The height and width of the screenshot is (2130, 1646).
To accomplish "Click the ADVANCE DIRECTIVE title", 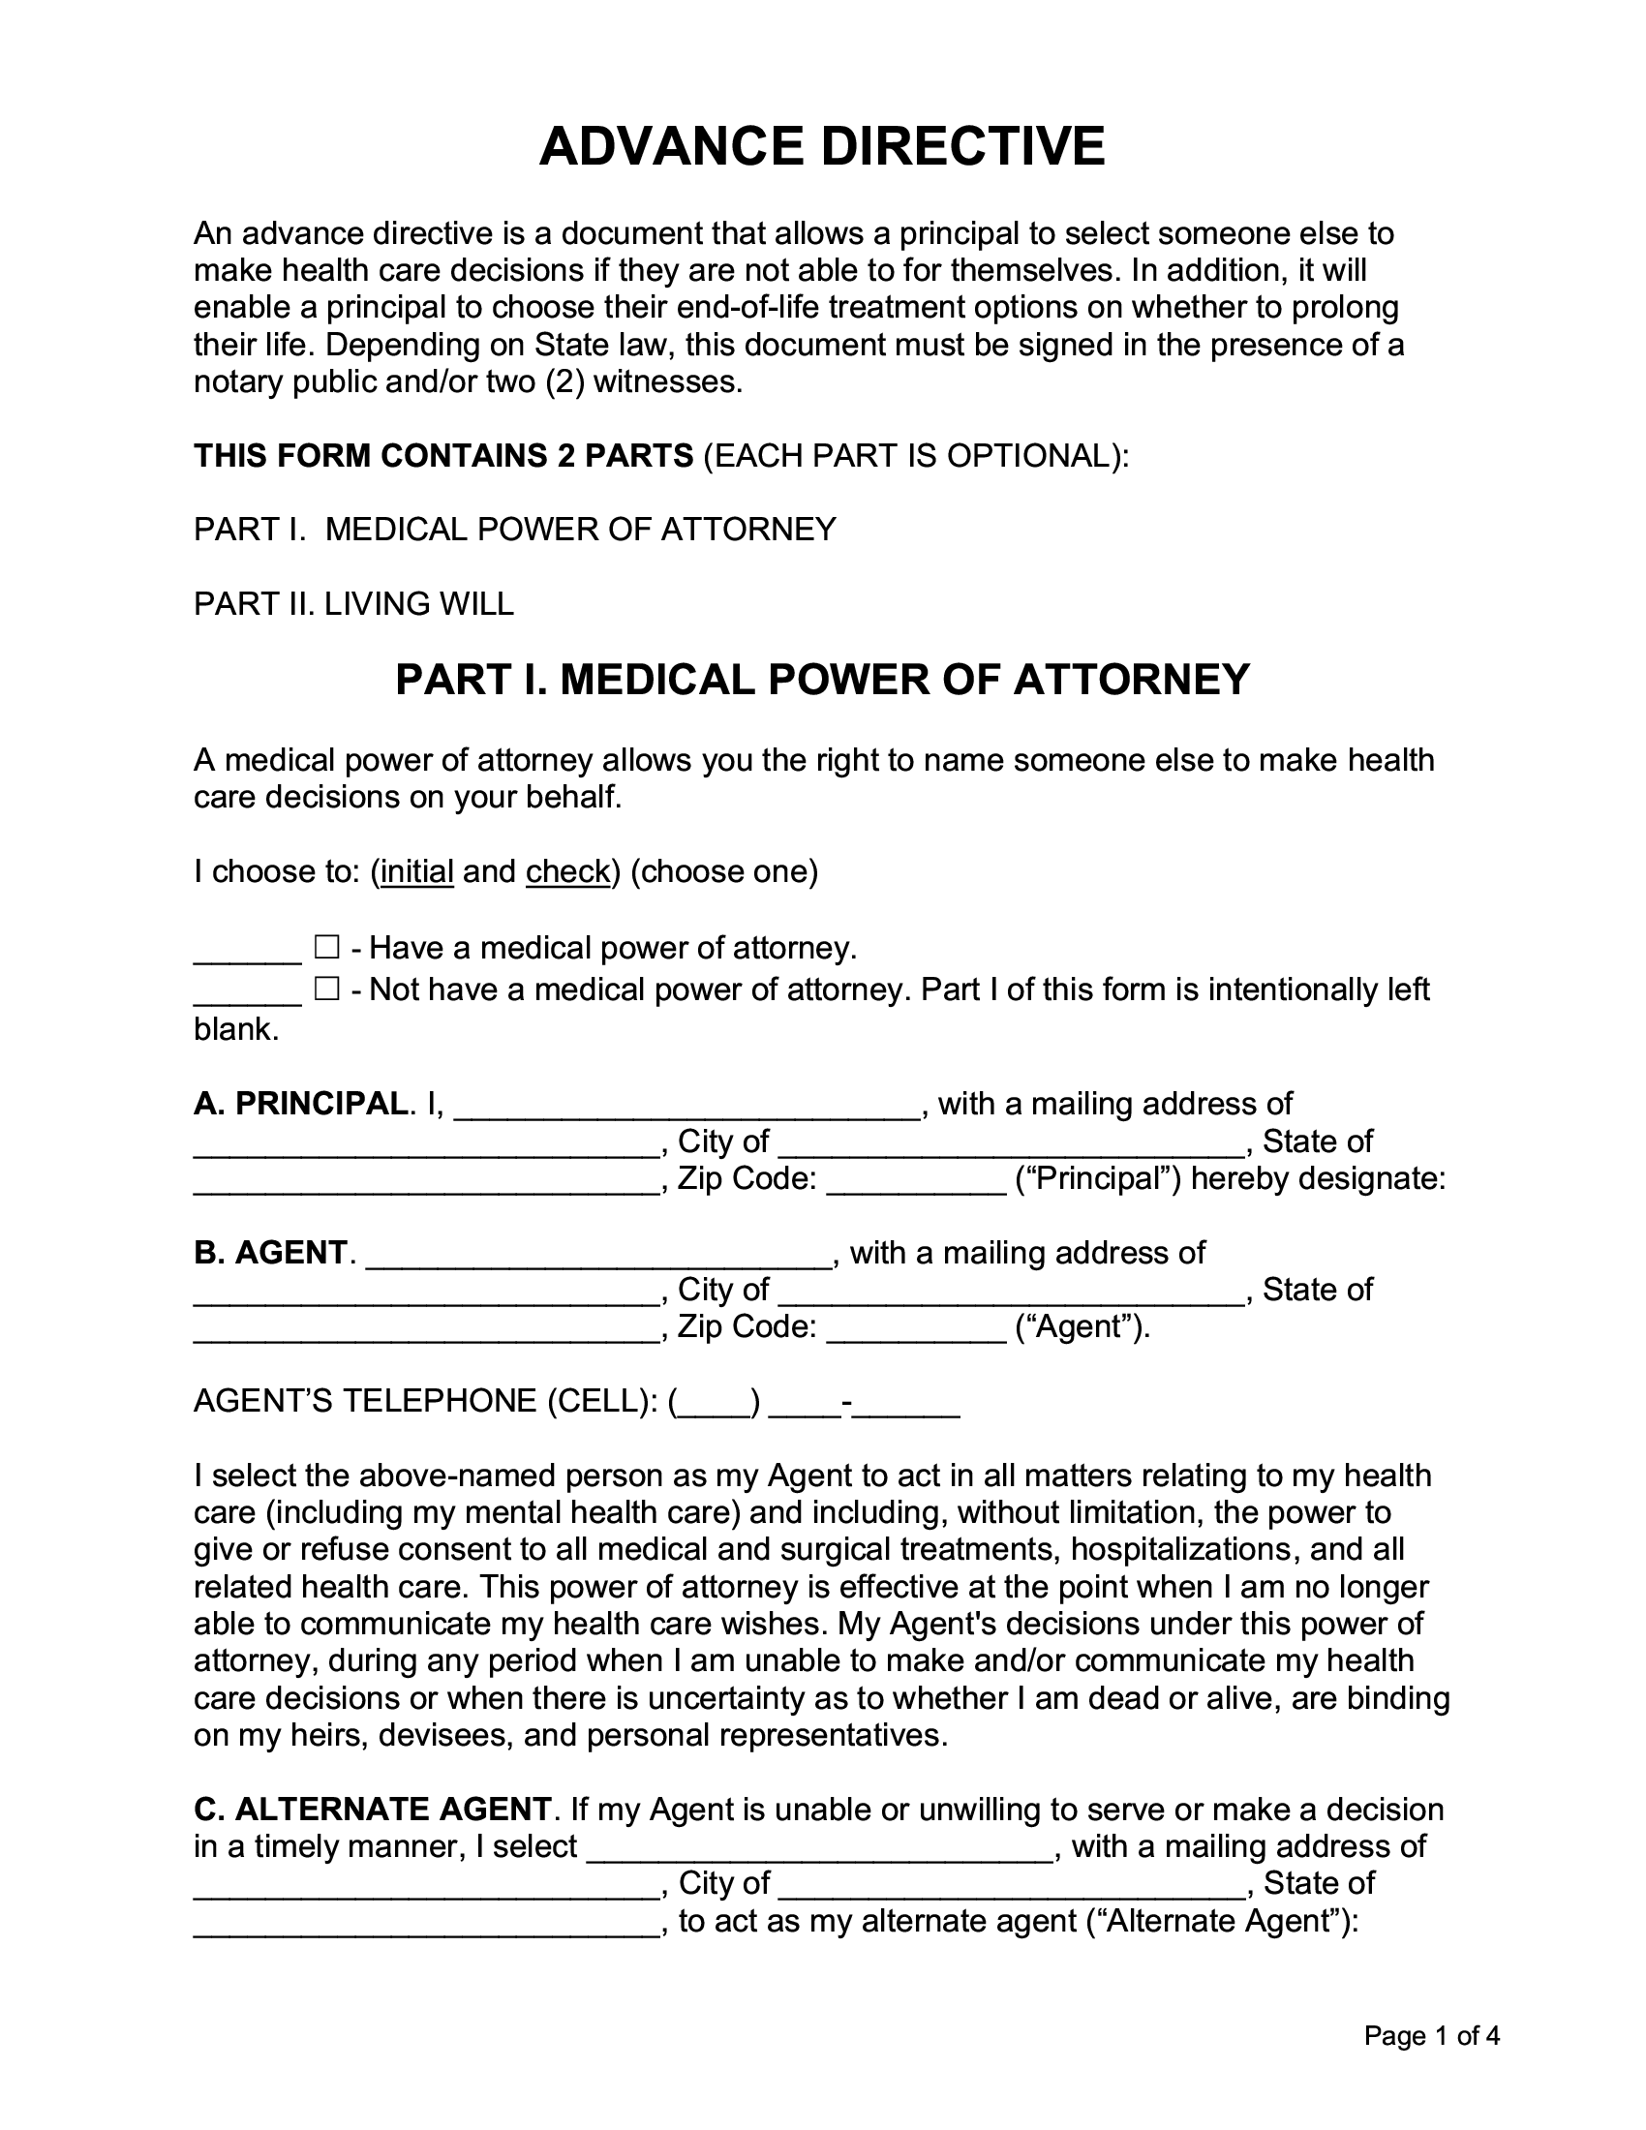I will pyautogui.click(x=822, y=146).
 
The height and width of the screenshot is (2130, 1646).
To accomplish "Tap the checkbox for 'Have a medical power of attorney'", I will pyautogui.click(x=325, y=947).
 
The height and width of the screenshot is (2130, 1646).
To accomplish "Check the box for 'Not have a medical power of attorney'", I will pyautogui.click(x=325, y=989).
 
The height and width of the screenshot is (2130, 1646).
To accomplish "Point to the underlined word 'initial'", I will pyautogui.click(x=417, y=871).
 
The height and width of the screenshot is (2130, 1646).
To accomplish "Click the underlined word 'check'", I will pyautogui.click(x=567, y=871).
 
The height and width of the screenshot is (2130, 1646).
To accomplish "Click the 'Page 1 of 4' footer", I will pyautogui.click(x=1431, y=2035).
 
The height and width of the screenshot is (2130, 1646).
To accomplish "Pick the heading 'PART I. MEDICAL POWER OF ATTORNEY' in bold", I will pyautogui.click(x=822, y=679).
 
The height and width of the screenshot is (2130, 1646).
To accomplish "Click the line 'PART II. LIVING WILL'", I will pyautogui.click(x=353, y=604).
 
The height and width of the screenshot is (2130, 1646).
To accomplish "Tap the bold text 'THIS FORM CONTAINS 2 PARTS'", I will pyautogui.click(x=443, y=455).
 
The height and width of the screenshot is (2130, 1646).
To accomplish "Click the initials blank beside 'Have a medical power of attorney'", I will pyautogui.click(x=248, y=951).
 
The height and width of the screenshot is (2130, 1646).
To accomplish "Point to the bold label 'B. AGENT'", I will pyautogui.click(x=270, y=1252).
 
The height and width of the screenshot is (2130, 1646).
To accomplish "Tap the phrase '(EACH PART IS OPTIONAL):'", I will pyautogui.click(x=916, y=455).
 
